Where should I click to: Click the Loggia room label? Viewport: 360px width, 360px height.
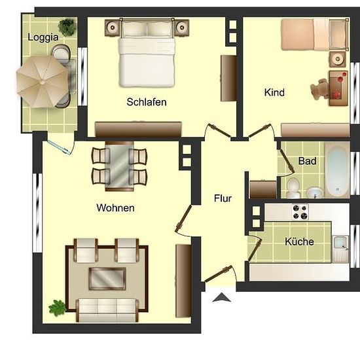tap(43, 37)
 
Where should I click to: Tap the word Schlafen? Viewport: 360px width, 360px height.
tap(147, 102)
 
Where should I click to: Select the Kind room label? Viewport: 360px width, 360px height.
tap(274, 92)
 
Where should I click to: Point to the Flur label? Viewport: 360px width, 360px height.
tap(223, 198)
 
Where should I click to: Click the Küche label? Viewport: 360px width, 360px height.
tap(299, 242)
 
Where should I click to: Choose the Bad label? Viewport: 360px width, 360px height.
tap(307, 161)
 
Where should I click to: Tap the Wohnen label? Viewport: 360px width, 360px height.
tap(115, 207)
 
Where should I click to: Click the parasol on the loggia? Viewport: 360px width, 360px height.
tap(43, 82)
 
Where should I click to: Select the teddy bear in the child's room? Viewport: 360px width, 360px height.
tap(319, 89)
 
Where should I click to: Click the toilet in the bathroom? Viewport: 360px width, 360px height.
tap(293, 188)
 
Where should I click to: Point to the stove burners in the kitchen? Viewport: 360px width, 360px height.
tap(300, 212)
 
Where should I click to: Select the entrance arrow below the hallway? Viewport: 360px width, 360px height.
tap(221, 297)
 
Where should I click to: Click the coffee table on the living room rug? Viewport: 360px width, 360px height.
tap(107, 278)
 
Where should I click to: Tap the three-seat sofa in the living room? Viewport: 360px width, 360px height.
tap(107, 310)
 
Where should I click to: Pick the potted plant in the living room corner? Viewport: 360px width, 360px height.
tap(57, 308)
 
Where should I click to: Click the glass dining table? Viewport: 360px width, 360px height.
tap(119, 166)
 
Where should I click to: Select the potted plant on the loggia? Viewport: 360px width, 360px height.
tap(67, 27)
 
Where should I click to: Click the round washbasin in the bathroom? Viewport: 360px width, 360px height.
tap(315, 192)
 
